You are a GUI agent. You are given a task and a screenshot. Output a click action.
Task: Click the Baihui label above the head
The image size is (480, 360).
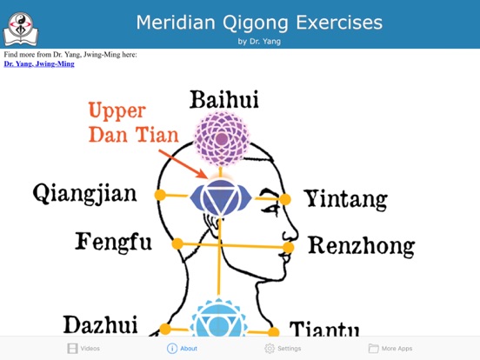[221, 100]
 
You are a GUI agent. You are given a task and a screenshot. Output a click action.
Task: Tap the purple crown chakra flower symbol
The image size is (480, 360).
[221, 140]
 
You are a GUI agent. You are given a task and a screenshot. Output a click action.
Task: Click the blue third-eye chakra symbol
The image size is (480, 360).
[221, 197]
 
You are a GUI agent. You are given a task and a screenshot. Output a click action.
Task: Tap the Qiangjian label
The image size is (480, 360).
[84, 193]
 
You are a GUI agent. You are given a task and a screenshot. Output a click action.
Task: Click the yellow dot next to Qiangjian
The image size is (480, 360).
[160, 195]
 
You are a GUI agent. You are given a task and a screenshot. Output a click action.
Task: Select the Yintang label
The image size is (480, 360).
[345, 199]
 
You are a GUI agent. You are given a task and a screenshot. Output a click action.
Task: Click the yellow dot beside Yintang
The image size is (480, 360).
[285, 199]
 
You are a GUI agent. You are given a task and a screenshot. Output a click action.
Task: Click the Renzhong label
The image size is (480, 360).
[361, 247]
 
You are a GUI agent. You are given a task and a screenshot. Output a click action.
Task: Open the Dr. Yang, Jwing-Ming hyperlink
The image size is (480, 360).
[39, 63]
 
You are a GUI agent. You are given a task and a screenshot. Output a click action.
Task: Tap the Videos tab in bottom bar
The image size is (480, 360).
[83, 348]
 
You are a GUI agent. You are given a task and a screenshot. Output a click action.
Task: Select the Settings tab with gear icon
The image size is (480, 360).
[283, 348]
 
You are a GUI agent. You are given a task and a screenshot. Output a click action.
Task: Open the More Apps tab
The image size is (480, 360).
[390, 348]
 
